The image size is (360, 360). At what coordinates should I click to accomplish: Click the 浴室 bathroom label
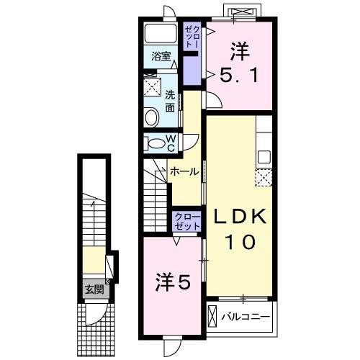(x=161, y=55)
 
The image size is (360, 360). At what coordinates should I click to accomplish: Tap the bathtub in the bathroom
(x=160, y=33)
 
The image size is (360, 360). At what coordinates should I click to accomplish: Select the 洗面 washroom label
(x=171, y=101)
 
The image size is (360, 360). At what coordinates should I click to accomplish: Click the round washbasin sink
(x=153, y=117)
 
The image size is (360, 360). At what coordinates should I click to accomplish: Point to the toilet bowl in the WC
(x=154, y=143)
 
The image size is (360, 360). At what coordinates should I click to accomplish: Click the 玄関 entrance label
(x=93, y=290)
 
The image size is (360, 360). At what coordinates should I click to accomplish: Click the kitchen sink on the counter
(x=264, y=154)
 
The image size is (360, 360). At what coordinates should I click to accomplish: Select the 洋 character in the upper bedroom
(x=240, y=50)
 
